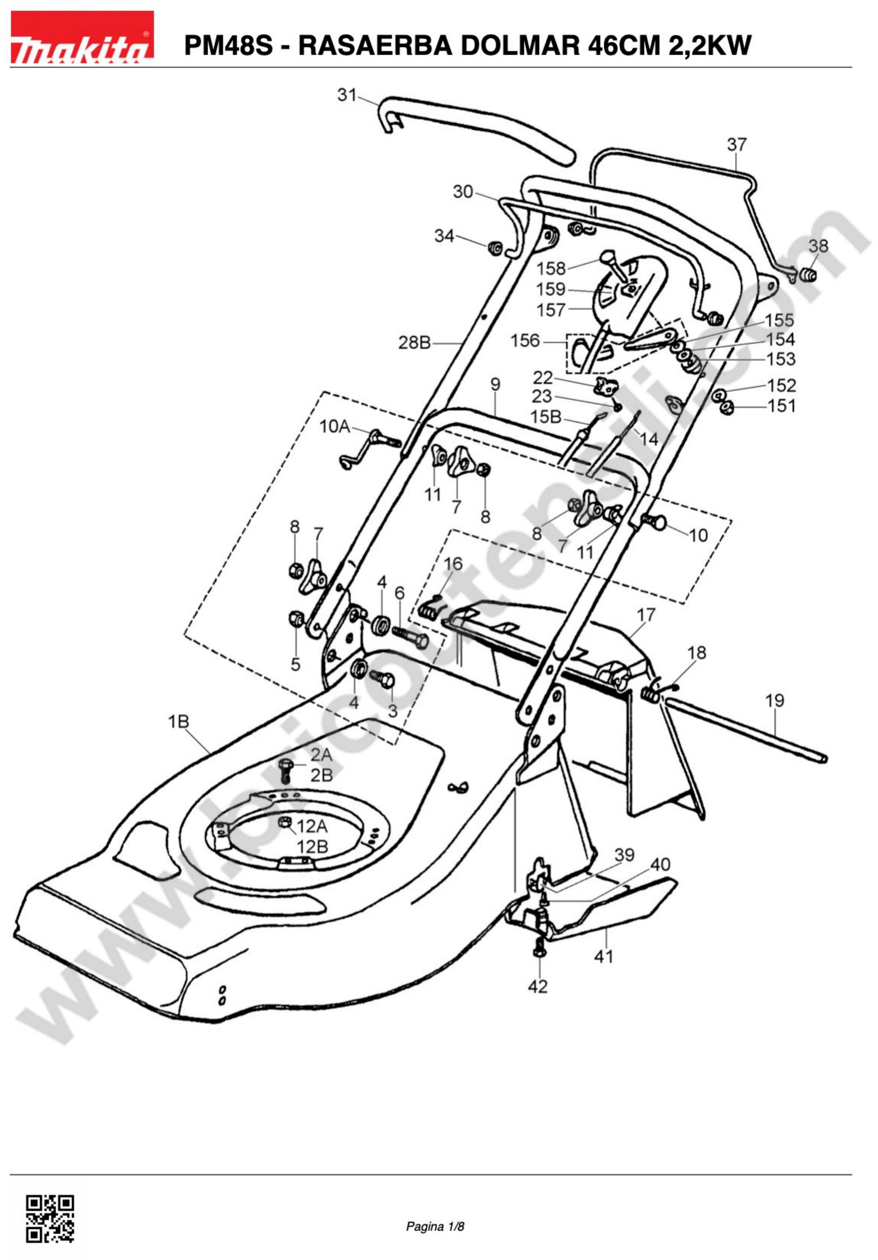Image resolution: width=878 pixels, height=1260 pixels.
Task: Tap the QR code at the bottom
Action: tap(50, 1219)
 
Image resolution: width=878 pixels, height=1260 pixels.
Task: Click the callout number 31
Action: tap(347, 95)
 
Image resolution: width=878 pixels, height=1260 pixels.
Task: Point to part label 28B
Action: tap(414, 342)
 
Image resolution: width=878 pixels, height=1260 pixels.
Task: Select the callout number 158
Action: tap(551, 268)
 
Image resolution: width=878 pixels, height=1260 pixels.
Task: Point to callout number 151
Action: tap(782, 406)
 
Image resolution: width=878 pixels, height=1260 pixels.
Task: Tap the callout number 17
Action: tap(646, 615)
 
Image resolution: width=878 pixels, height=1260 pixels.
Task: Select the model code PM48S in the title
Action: tap(228, 46)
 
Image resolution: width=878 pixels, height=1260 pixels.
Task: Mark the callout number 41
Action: tap(604, 957)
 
